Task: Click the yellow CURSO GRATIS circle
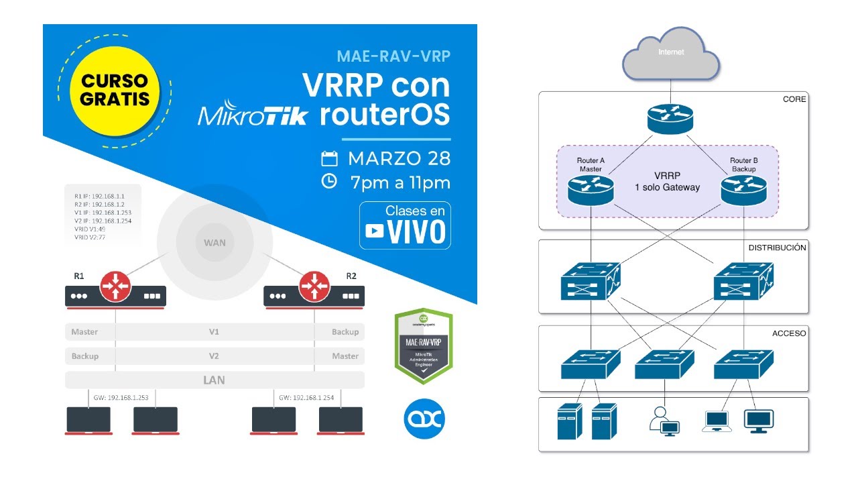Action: (115, 90)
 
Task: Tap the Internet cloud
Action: (671, 54)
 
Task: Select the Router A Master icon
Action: (591, 191)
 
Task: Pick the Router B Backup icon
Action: (743, 191)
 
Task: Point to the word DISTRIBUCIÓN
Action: (777, 248)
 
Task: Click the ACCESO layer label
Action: (790, 333)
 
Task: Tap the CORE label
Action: (794, 99)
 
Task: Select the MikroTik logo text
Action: (253, 115)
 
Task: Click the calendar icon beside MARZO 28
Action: (328, 159)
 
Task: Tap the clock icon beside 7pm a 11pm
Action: (328, 181)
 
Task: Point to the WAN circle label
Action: (214, 241)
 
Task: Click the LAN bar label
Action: (214, 380)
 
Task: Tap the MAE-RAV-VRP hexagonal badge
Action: (424, 346)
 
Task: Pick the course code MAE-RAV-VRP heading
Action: (393, 56)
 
